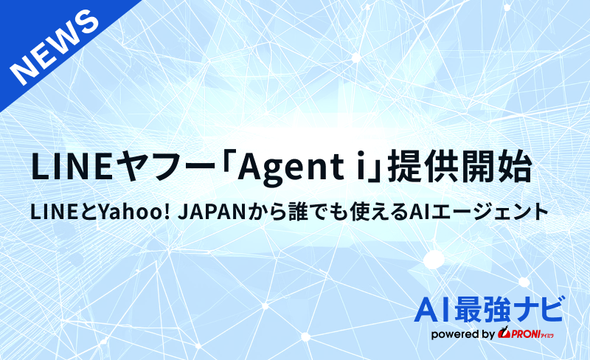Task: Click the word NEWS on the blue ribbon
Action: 56,49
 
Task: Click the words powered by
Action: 462,334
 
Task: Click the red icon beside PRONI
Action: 504,334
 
